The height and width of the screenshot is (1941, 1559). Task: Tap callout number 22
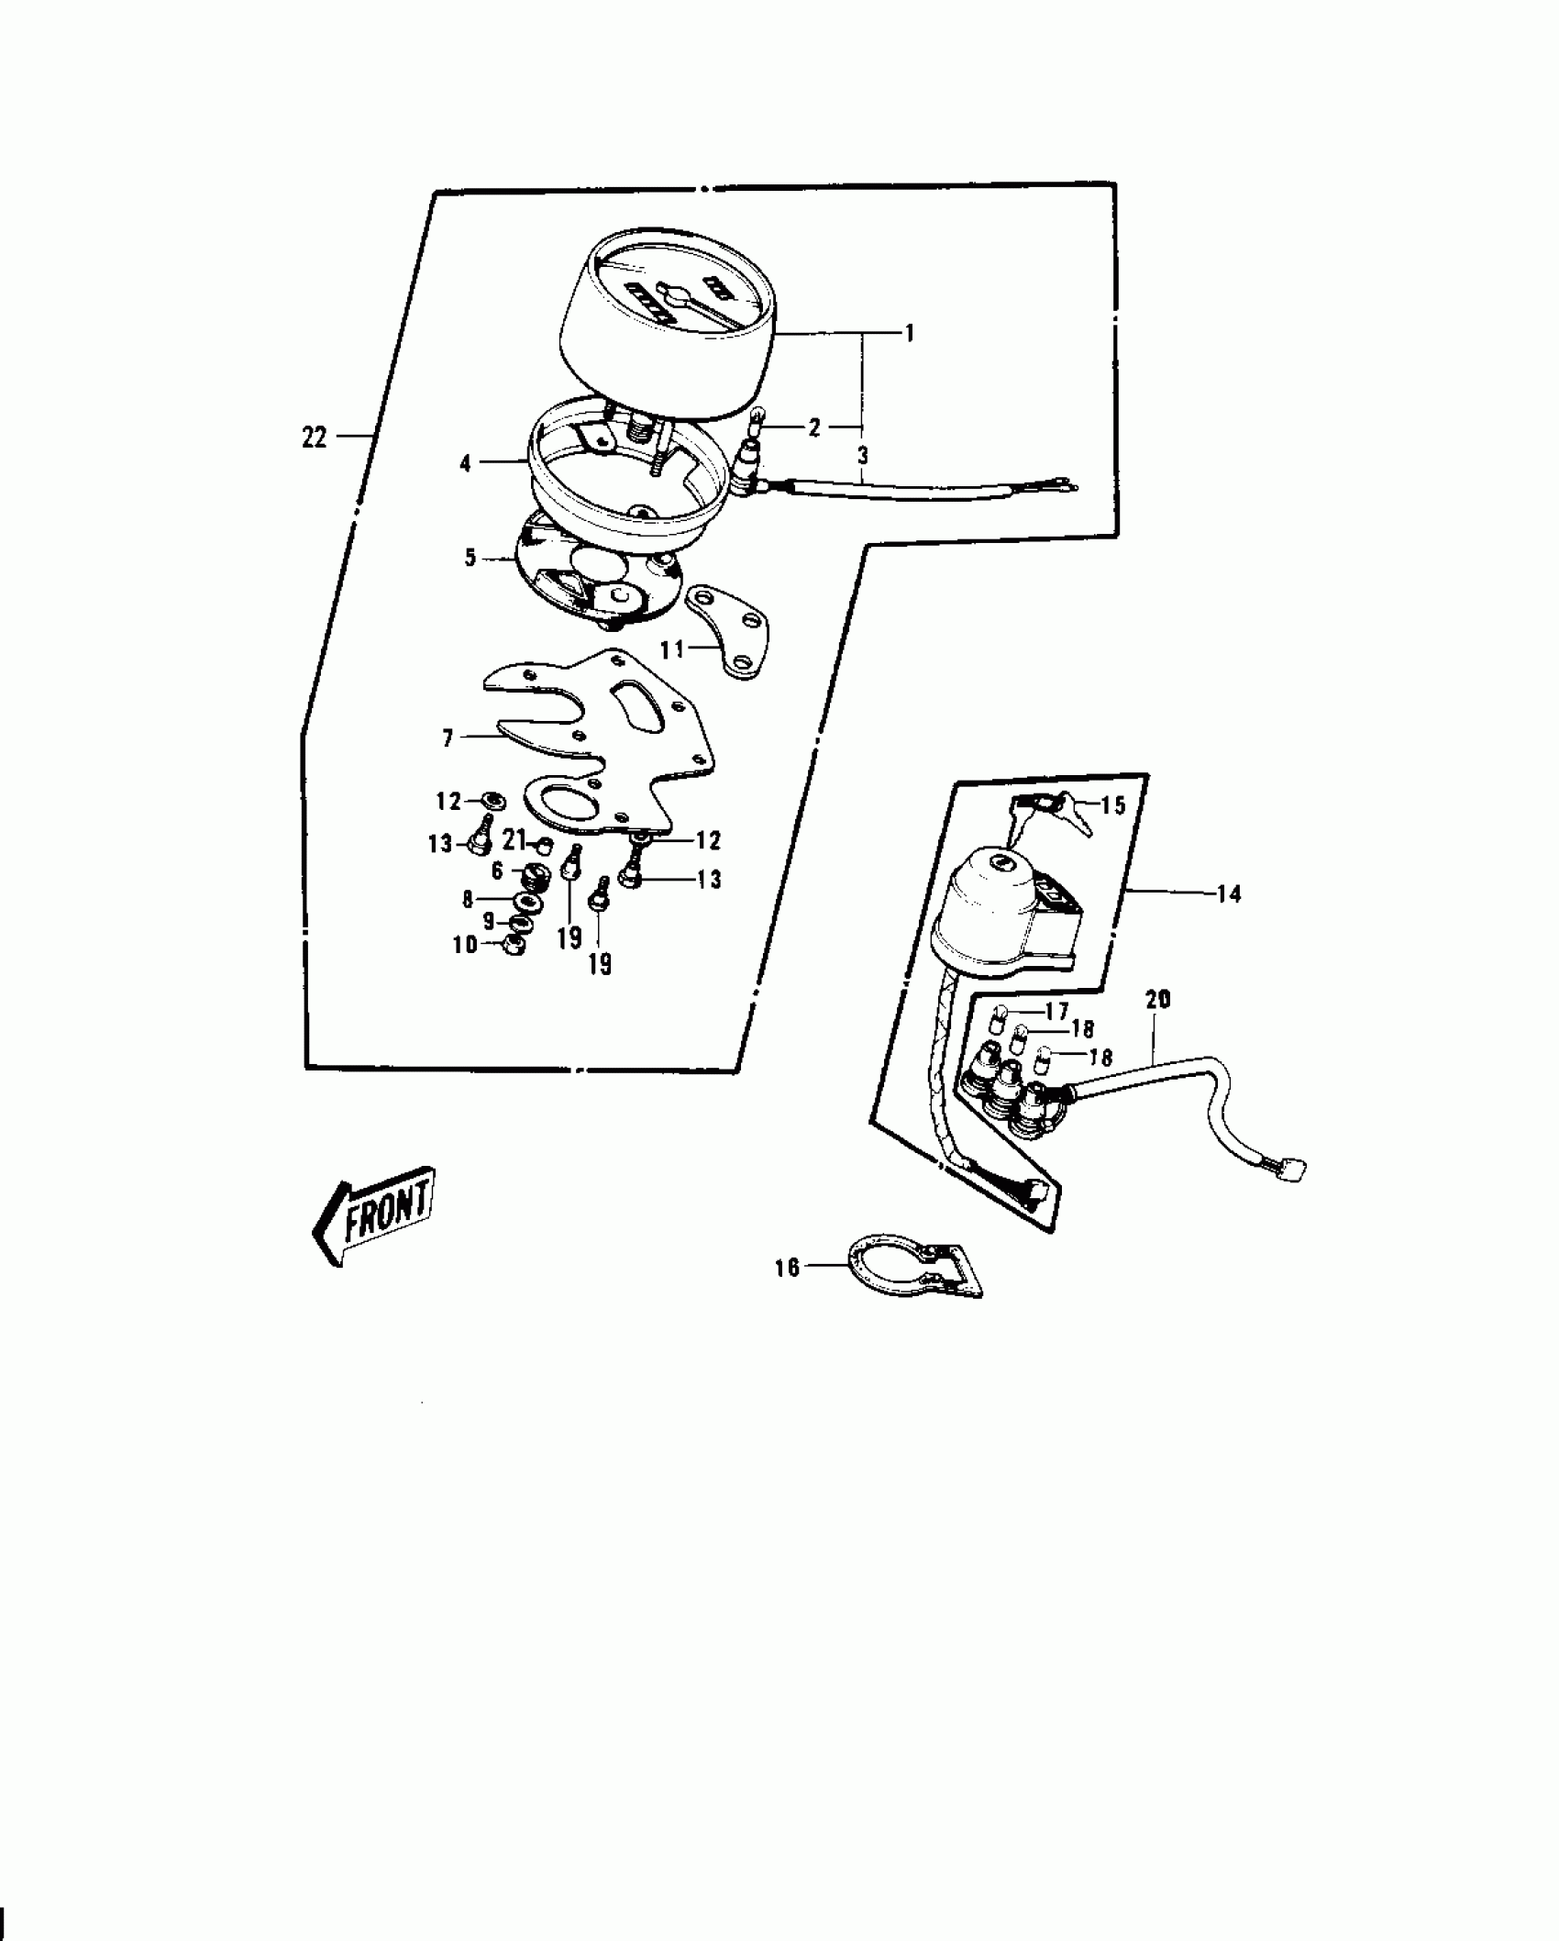coord(314,438)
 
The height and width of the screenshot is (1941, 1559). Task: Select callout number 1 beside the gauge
coord(909,334)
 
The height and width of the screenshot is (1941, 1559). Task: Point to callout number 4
coord(466,464)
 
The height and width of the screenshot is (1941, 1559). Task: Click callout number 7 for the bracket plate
coord(448,738)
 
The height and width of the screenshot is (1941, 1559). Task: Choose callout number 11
coord(672,649)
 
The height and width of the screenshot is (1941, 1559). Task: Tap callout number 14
coord(1228,893)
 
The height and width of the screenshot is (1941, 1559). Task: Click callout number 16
coord(787,1268)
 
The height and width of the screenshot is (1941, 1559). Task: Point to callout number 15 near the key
coord(1112,805)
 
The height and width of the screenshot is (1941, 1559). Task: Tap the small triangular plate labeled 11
coord(734,633)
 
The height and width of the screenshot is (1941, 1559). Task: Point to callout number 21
coord(514,838)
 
